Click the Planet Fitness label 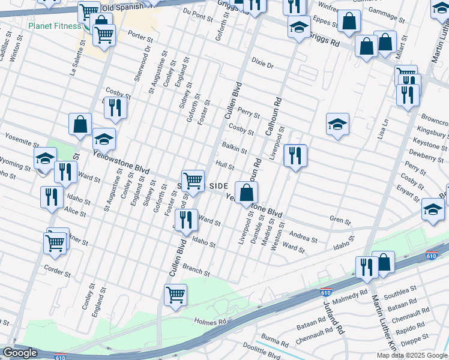coord(54,26)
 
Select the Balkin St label coord(235,148)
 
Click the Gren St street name coord(340,221)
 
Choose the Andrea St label coord(303,236)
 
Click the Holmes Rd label coord(210,322)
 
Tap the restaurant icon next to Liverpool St coord(295,155)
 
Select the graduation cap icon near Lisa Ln coord(337,124)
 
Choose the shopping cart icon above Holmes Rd coord(175,293)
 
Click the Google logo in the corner coord(20,353)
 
